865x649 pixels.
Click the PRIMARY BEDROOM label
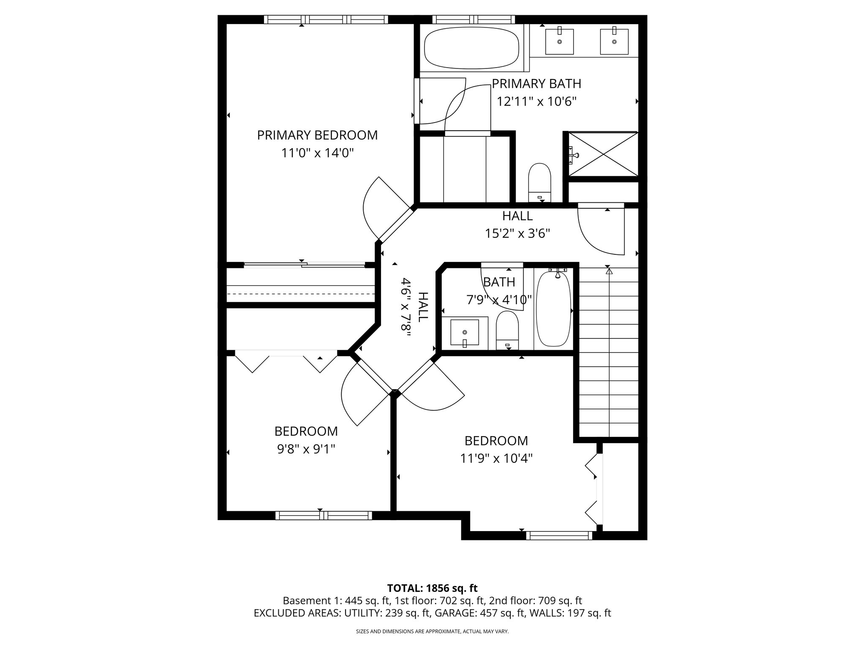pyautogui.click(x=317, y=135)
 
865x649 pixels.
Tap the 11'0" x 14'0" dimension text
pyautogui.click(x=317, y=153)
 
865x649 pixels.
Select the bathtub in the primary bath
pyautogui.click(x=471, y=48)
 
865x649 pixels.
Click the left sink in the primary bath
pyautogui.click(x=559, y=41)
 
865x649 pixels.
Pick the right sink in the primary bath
pyautogui.click(x=614, y=41)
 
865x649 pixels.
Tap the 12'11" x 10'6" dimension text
pyautogui.click(x=536, y=102)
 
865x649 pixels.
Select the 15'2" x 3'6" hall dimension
pyautogui.click(x=517, y=234)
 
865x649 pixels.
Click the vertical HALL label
pyautogui.click(x=423, y=307)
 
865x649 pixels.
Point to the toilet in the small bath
pyautogui.click(x=507, y=330)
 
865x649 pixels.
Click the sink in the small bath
pyautogui.click(x=465, y=332)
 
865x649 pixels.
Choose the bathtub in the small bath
pyautogui.click(x=553, y=309)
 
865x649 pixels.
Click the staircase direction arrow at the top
pyautogui.click(x=609, y=272)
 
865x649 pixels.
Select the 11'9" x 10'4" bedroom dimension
pyautogui.click(x=496, y=458)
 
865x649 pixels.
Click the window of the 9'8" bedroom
pyautogui.click(x=324, y=515)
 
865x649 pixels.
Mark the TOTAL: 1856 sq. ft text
pyautogui.click(x=432, y=588)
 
